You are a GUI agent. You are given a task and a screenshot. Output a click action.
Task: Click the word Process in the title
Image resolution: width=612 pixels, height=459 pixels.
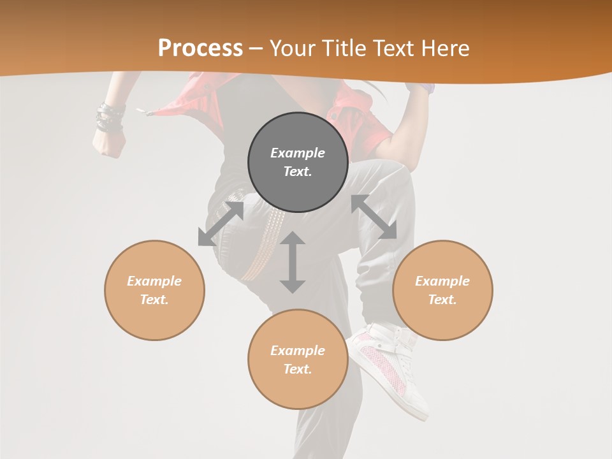click(x=200, y=48)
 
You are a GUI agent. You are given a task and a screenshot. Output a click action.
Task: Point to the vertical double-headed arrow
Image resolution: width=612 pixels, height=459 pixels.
click(x=293, y=262)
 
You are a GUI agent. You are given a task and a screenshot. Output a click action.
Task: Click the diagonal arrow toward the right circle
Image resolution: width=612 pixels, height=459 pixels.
click(x=374, y=217)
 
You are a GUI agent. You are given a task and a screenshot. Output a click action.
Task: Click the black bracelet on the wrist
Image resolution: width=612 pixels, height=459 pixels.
click(x=110, y=118)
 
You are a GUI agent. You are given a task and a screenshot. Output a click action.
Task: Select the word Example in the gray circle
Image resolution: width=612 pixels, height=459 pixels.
click(x=298, y=153)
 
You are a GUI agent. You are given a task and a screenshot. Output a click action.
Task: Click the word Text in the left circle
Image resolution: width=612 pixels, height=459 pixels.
click(x=154, y=300)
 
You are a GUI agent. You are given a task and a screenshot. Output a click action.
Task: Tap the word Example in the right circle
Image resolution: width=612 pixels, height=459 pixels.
click(x=442, y=281)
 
